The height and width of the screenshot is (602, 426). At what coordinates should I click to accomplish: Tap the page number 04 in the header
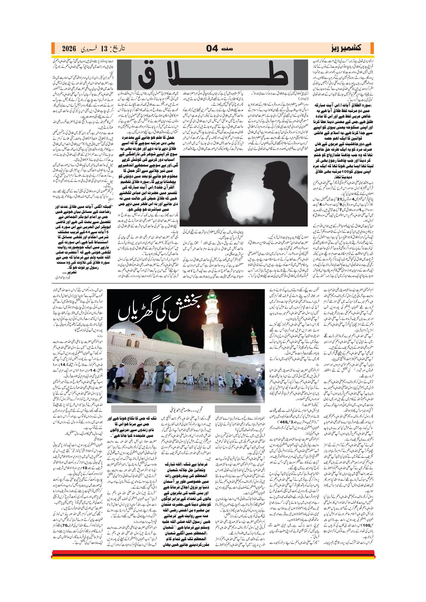click(212, 49)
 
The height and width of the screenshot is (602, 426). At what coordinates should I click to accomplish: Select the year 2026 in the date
click(68, 49)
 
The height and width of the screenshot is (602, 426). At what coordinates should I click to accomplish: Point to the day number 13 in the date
click(104, 49)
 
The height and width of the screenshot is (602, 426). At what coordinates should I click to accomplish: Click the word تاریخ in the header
click(119, 49)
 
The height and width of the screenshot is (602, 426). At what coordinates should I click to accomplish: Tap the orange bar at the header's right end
click(372, 48)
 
